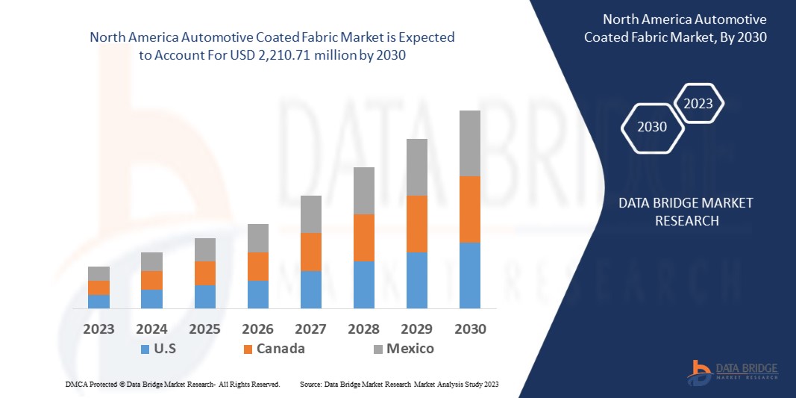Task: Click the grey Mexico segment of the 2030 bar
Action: tap(470, 143)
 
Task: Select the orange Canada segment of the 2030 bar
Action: tap(470, 209)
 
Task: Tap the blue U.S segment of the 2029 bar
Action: tap(417, 280)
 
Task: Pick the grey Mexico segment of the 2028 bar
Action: tap(364, 190)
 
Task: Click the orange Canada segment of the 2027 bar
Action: tap(311, 252)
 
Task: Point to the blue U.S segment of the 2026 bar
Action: tap(258, 294)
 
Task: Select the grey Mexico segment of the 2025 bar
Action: tap(205, 249)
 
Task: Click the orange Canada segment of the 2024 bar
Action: tap(152, 280)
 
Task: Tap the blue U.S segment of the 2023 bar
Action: tap(99, 301)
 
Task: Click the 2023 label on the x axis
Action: tap(99, 329)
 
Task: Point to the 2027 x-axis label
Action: tap(311, 329)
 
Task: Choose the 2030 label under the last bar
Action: tap(470, 329)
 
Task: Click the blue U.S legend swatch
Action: tap(145, 349)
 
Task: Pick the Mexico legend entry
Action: tap(403, 349)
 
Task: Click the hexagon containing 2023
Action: tap(699, 104)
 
